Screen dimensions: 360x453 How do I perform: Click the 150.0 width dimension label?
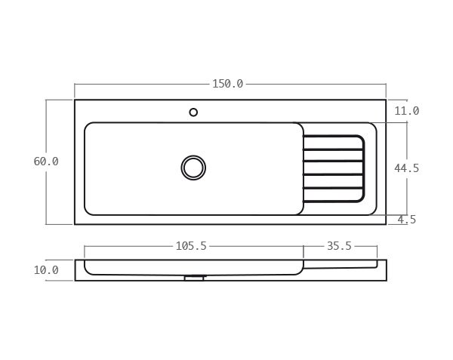[x=227, y=84]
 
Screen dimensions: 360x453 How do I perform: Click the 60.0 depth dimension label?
[x=46, y=162]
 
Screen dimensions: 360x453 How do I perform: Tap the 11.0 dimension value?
[x=407, y=111]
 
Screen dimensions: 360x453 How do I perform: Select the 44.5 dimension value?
[x=407, y=168]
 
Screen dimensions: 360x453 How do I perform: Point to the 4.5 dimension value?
[x=407, y=220]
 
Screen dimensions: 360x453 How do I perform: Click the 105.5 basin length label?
[x=191, y=246]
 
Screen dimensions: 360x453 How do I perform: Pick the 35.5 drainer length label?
[x=339, y=246]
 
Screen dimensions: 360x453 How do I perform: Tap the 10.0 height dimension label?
[x=46, y=270]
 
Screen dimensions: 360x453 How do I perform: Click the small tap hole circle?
[x=193, y=112]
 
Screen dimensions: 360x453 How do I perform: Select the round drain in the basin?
[x=193, y=168]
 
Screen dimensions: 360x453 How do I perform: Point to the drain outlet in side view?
[x=194, y=278]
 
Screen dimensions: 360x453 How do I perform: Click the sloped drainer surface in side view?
[x=340, y=267]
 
